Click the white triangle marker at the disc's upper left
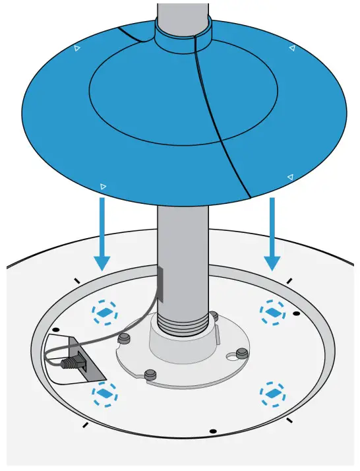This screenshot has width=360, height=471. point(77,48)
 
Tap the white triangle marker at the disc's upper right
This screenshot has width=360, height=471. point(291,48)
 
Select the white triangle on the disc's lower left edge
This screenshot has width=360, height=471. point(103,187)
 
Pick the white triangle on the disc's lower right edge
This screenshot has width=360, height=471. point(290,176)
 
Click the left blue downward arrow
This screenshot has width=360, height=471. point(101,234)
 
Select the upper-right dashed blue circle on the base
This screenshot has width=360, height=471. point(272,311)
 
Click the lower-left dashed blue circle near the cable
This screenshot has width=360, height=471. point(104,394)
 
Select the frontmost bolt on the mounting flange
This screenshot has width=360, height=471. point(150,374)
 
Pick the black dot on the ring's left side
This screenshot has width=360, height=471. point(56,328)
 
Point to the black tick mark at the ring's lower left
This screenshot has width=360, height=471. point(84,424)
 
